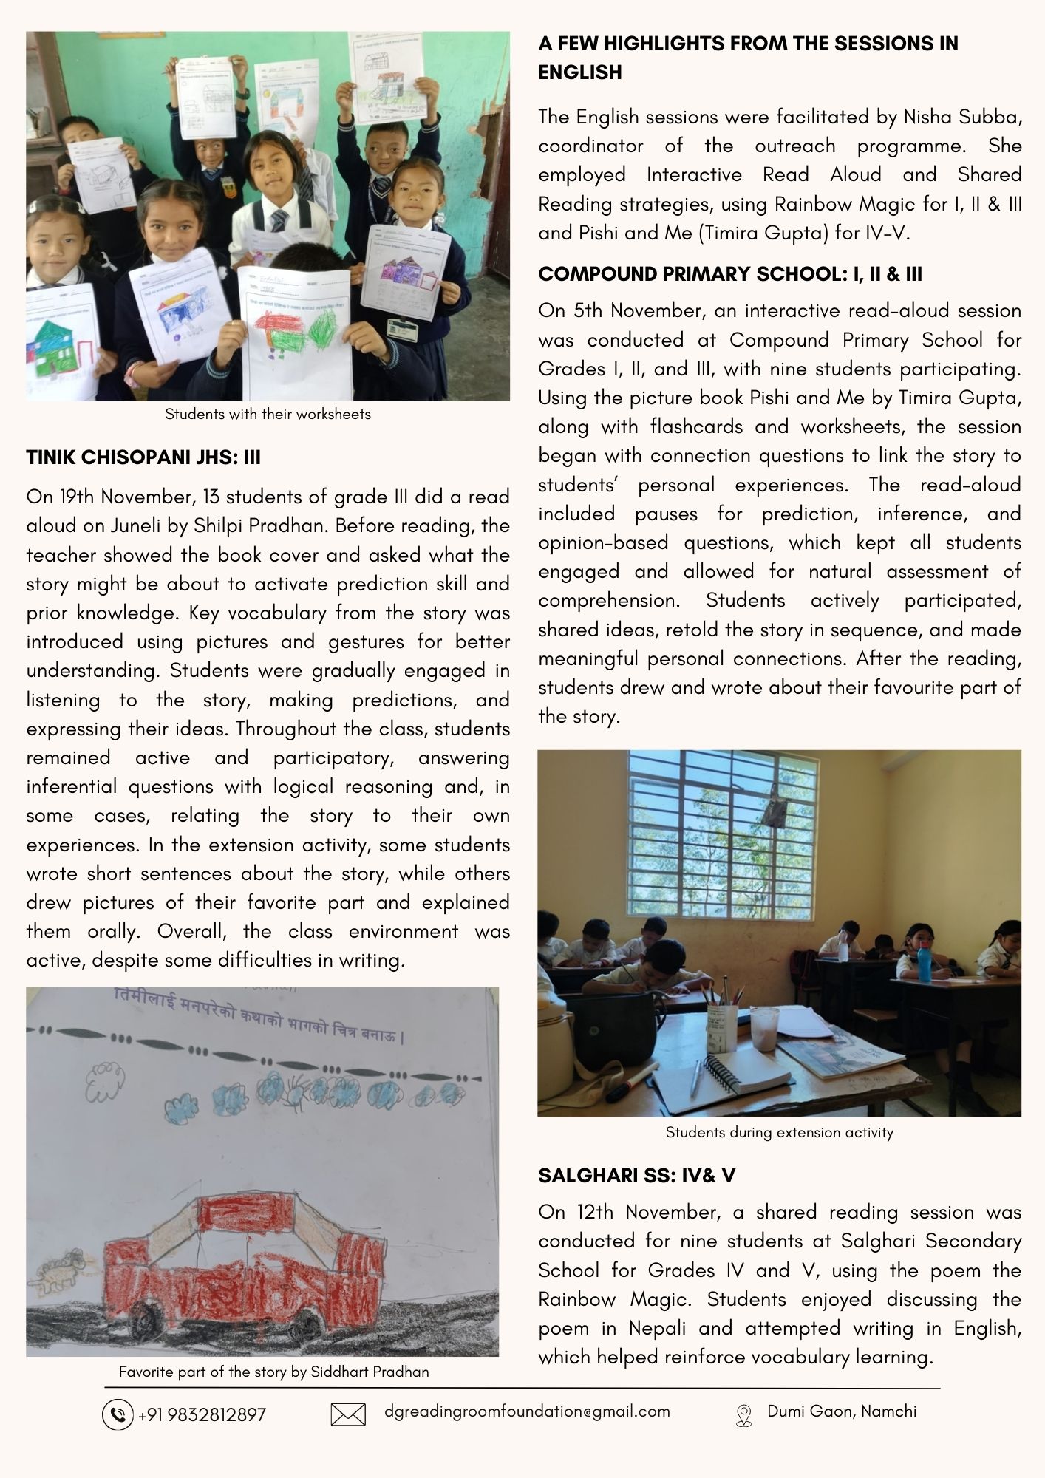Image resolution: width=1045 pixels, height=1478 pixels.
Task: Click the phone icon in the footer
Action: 117,1414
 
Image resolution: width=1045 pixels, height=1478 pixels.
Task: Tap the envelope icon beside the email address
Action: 348,1415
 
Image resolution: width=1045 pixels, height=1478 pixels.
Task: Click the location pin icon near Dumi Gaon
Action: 743,1414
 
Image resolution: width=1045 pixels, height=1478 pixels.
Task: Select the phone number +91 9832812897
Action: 202,1415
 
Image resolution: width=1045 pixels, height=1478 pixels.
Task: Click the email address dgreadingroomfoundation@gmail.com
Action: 527,1411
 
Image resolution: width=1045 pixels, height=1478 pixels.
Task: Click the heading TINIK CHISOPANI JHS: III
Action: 143,457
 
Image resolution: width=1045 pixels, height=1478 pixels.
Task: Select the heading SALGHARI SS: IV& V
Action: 636,1175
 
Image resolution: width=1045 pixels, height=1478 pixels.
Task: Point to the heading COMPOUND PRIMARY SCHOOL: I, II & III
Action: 730,274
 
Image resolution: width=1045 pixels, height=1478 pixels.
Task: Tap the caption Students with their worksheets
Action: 268,414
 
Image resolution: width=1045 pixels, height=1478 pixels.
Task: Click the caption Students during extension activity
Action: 779,1132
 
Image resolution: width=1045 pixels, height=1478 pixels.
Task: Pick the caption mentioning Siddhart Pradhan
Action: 273,1372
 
